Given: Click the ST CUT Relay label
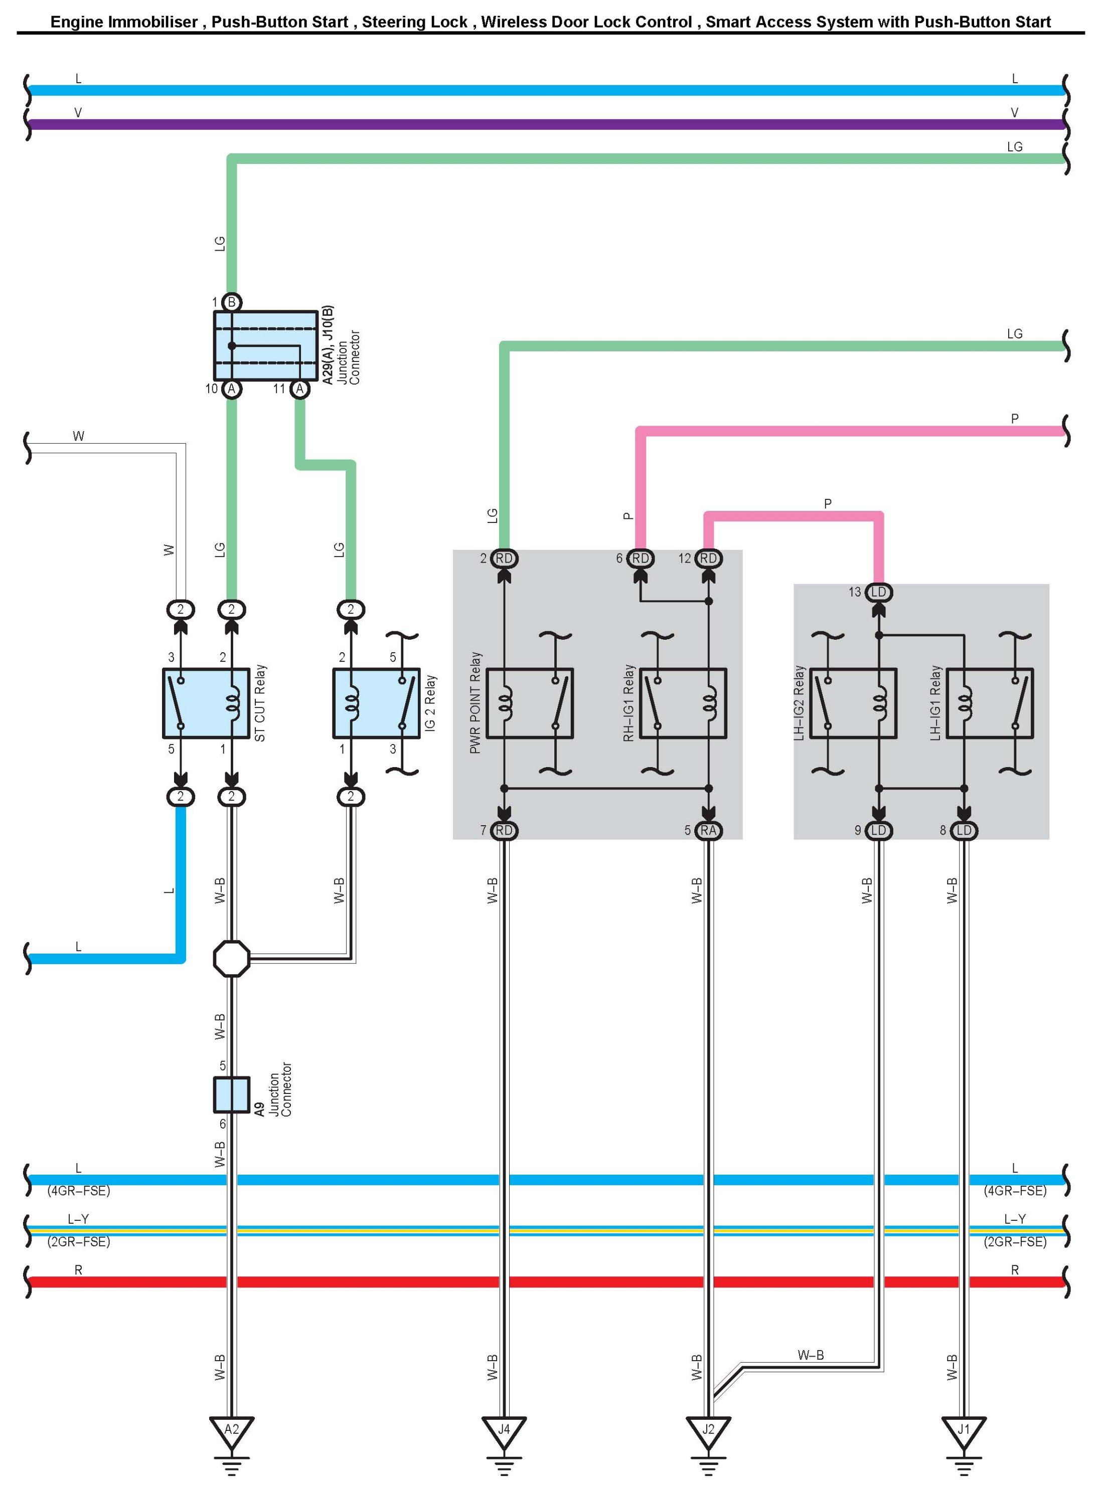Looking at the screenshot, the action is [260, 703].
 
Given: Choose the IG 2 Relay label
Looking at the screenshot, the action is [430, 703].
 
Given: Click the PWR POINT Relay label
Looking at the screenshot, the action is [475, 703].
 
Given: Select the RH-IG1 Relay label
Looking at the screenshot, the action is [628, 703].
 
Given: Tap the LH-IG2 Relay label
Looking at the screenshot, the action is [799, 703].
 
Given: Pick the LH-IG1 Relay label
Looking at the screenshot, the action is [935, 703].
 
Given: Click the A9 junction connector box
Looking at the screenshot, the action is [231, 1094].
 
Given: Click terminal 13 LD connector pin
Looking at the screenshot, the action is [878, 592].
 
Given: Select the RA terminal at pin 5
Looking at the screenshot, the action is [708, 830].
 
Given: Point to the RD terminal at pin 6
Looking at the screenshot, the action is [640, 559].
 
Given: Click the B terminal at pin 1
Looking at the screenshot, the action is [231, 302].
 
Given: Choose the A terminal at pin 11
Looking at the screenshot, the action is [299, 389].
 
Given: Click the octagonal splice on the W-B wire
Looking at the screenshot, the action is [231, 959].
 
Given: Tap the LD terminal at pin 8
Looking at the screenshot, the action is [964, 830].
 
